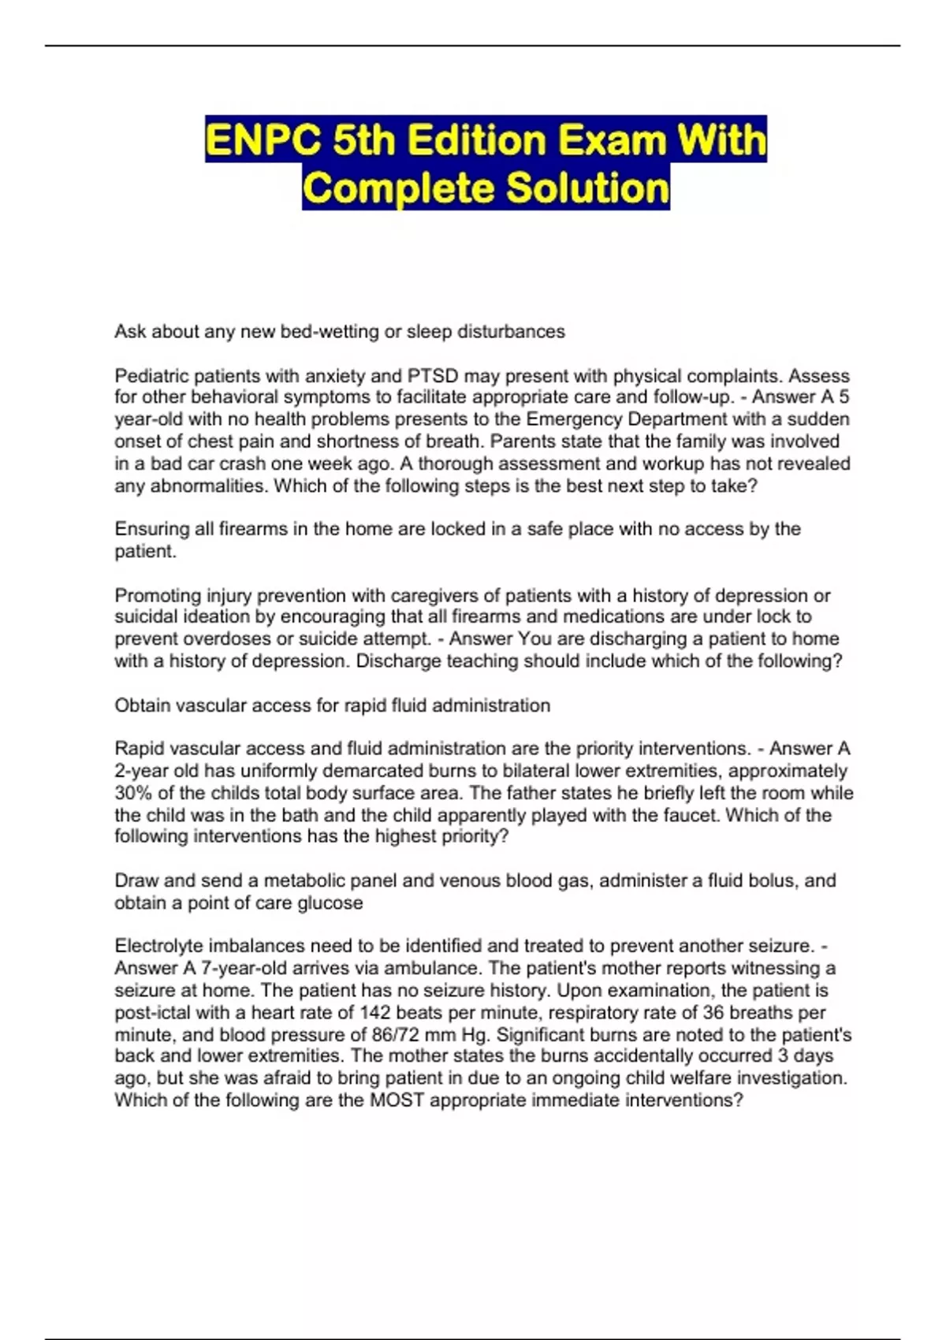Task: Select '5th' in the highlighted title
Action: click(364, 140)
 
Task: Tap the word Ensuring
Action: click(152, 529)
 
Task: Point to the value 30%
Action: click(132, 793)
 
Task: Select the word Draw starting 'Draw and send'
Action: click(135, 880)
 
